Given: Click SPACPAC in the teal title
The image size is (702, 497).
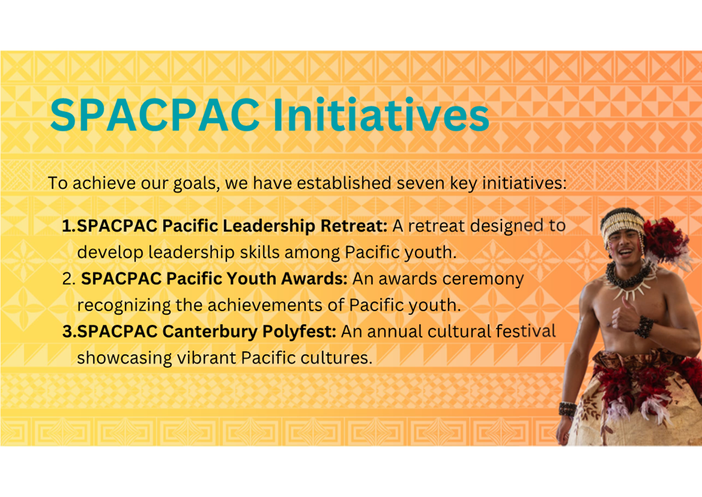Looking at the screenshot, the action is tap(155, 114).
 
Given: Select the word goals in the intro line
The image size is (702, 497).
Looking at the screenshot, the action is tap(196, 183).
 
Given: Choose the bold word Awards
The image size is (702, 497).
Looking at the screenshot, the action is tap(314, 278).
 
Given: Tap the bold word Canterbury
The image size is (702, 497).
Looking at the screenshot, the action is tap(210, 332).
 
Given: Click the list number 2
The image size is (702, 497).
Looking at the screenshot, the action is tap(69, 279).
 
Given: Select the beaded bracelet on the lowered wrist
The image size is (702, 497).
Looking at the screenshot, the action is tap(567, 409).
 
